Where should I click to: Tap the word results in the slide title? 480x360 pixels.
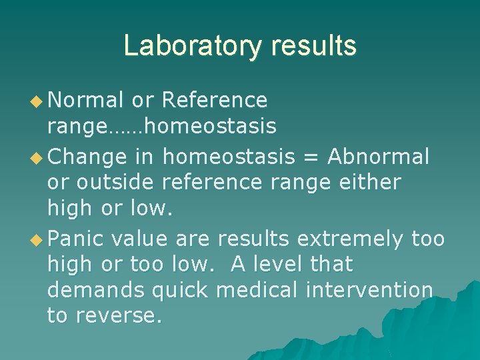[314, 46]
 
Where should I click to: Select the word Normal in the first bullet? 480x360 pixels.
[86, 100]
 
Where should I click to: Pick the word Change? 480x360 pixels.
[87, 157]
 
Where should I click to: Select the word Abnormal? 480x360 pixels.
[378, 156]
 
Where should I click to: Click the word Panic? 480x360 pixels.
[77, 238]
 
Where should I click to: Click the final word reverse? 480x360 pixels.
[121, 316]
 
